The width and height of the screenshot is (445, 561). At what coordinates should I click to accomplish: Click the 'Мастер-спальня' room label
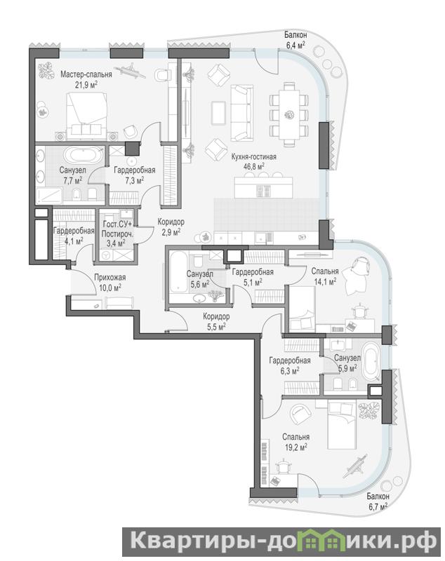(x=86, y=74)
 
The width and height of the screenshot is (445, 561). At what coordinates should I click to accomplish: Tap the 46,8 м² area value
(x=253, y=165)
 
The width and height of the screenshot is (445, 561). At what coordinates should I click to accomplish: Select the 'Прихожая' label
(x=110, y=277)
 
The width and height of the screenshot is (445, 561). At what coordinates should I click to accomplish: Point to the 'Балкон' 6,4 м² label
(x=295, y=40)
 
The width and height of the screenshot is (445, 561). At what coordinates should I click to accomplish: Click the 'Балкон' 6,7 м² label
(x=378, y=501)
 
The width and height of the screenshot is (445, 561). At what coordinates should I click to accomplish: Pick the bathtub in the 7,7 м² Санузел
(x=84, y=155)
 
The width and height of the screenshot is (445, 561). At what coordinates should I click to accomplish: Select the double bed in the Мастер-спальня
(x=86, y=114)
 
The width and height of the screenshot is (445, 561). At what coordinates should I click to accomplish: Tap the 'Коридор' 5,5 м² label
(x=216, y=321)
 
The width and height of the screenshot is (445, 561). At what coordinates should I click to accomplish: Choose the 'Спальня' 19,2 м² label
(x=295, y=442)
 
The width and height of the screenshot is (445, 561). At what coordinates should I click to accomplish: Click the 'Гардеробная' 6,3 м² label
(x=290, y=365)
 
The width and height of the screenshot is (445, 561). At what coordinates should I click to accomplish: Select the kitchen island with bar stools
(x=263, y=185)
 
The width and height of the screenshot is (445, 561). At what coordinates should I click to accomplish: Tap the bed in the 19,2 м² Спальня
(x=343, y=424)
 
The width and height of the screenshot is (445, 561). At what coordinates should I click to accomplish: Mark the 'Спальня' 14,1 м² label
(x=325, y=276)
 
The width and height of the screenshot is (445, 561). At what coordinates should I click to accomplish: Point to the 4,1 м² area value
(x=74, y=241)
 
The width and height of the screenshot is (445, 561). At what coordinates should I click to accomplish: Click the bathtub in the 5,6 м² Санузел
(x=178, y=273)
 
